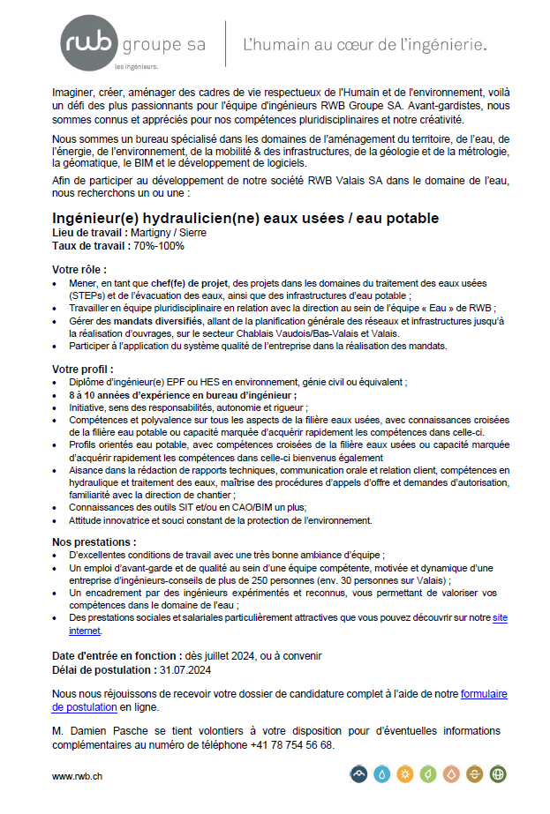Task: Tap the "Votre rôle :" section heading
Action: [x=79, y=269]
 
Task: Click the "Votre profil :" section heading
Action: [x=82, y=369]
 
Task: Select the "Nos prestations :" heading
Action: [x=94, y=541]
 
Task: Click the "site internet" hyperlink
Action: [x=499, y=618]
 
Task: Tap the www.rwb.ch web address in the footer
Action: [x=78, y=776]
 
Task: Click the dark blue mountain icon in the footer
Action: [x=358, y=774]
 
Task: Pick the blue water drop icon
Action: [x=382, y=774]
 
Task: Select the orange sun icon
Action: [x=405, y=774]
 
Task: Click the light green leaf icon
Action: [x=428, y=774]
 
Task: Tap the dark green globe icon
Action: [x=498, y=774]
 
